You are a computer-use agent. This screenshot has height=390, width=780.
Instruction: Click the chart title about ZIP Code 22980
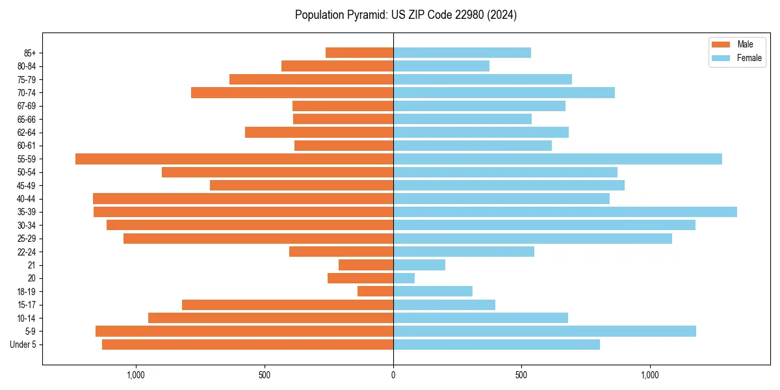click(406, 15)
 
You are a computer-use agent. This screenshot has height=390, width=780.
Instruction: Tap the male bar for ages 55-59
click(234, 159)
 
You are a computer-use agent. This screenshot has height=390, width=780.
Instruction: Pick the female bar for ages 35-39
click(565, 212)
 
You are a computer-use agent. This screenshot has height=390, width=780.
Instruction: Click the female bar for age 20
click(404, 278)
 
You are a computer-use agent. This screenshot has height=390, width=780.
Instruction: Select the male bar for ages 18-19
click(375, 291)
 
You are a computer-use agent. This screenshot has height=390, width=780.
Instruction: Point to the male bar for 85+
click(359, 53)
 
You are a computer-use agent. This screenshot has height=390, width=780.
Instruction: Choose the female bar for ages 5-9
click(545, 331)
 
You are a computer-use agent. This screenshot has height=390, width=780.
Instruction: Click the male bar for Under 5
click(248, 344)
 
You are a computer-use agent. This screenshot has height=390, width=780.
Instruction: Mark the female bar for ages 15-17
click(444, 305)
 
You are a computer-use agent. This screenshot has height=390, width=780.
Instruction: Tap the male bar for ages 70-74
click(292, 92)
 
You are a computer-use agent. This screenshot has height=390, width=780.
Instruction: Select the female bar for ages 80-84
click(441, 66)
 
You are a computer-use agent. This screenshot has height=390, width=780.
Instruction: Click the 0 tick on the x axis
click(393, 375)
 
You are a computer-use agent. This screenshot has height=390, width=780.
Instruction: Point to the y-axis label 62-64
click(27, 132)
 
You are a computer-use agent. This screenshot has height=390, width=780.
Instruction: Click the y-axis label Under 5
click(23, 344)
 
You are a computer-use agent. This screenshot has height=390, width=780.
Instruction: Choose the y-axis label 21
click(31, 265)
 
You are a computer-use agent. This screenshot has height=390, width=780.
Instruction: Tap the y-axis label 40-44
click(27, 198)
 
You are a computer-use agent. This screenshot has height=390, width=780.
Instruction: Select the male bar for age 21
click(366, 265)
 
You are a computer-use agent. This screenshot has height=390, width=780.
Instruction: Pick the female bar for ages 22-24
click(463, 252)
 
